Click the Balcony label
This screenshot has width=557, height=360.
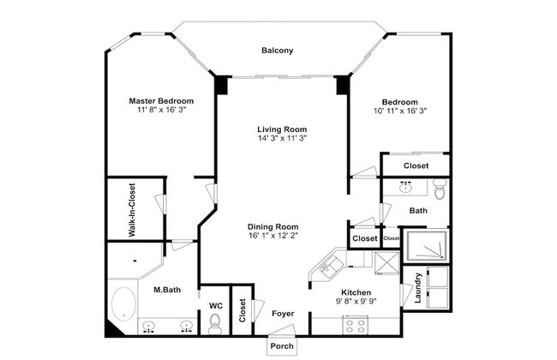click(x=278, y=51)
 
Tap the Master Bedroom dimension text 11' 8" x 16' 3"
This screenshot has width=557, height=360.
click(x=161, y=110)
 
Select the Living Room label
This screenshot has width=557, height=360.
click(x=282, y=129)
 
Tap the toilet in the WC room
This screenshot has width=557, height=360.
click(x=215, y=323)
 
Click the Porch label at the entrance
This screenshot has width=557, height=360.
click(x=282, y=346)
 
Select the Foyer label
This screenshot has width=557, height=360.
click(x=283, y=314)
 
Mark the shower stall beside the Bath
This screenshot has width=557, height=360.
click(x=428, y=246)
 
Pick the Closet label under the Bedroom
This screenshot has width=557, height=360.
click(x=416, y=165)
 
